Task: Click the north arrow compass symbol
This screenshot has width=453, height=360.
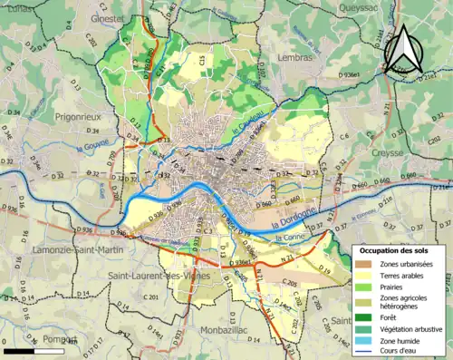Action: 401,50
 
